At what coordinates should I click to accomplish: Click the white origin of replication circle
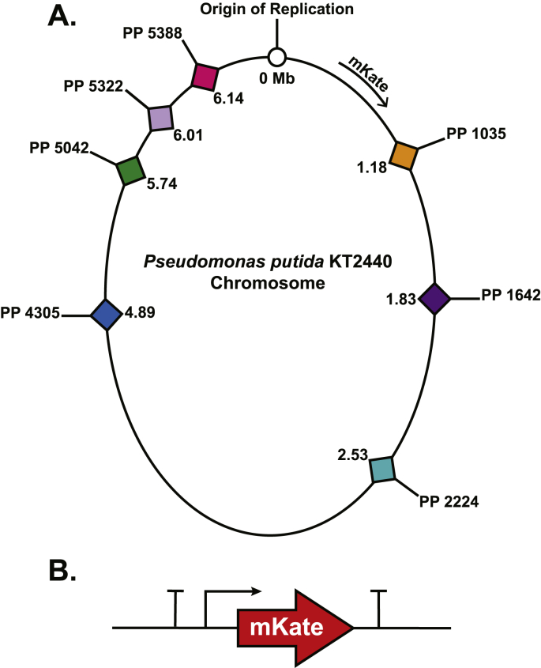[277, 56]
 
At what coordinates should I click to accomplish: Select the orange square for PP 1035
[405, 153]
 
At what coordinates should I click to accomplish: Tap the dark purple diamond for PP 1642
[435, 299]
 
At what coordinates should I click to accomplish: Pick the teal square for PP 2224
[383, 469]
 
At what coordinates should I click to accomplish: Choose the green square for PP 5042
[129, 171]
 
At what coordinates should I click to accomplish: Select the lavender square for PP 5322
[160, 119]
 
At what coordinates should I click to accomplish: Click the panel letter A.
[63, 15]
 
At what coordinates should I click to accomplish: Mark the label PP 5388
[152, 35]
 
